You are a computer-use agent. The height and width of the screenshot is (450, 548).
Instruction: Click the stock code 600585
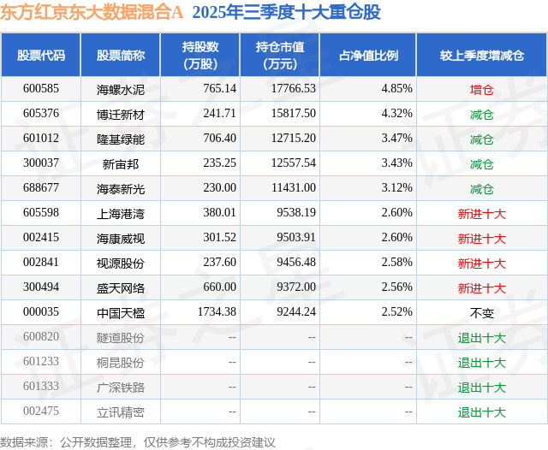(41, 88)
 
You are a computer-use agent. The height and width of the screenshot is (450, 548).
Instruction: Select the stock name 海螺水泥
(121, 88)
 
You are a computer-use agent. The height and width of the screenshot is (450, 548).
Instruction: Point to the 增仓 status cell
(481, 88)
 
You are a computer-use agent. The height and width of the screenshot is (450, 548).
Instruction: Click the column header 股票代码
(41, 55)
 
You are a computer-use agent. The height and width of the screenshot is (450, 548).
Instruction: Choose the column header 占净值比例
(368, 55)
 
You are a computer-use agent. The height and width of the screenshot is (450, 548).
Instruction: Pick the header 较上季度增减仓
(481, 55)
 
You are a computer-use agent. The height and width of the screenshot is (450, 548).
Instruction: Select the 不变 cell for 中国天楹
(481, 312)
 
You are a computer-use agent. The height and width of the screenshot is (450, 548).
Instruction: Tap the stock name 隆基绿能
(121, 139)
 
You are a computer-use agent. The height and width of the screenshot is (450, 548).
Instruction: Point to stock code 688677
(41, 188)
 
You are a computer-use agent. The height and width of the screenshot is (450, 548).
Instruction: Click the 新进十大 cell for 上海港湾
(481, 213)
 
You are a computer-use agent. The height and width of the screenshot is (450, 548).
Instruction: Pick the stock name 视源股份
(121, 263)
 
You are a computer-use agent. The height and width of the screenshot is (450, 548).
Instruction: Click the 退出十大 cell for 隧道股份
(481, 337)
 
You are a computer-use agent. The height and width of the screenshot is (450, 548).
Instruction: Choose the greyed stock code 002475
(41, 412)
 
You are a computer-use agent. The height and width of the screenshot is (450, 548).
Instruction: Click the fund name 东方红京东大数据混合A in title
(92, 13)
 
